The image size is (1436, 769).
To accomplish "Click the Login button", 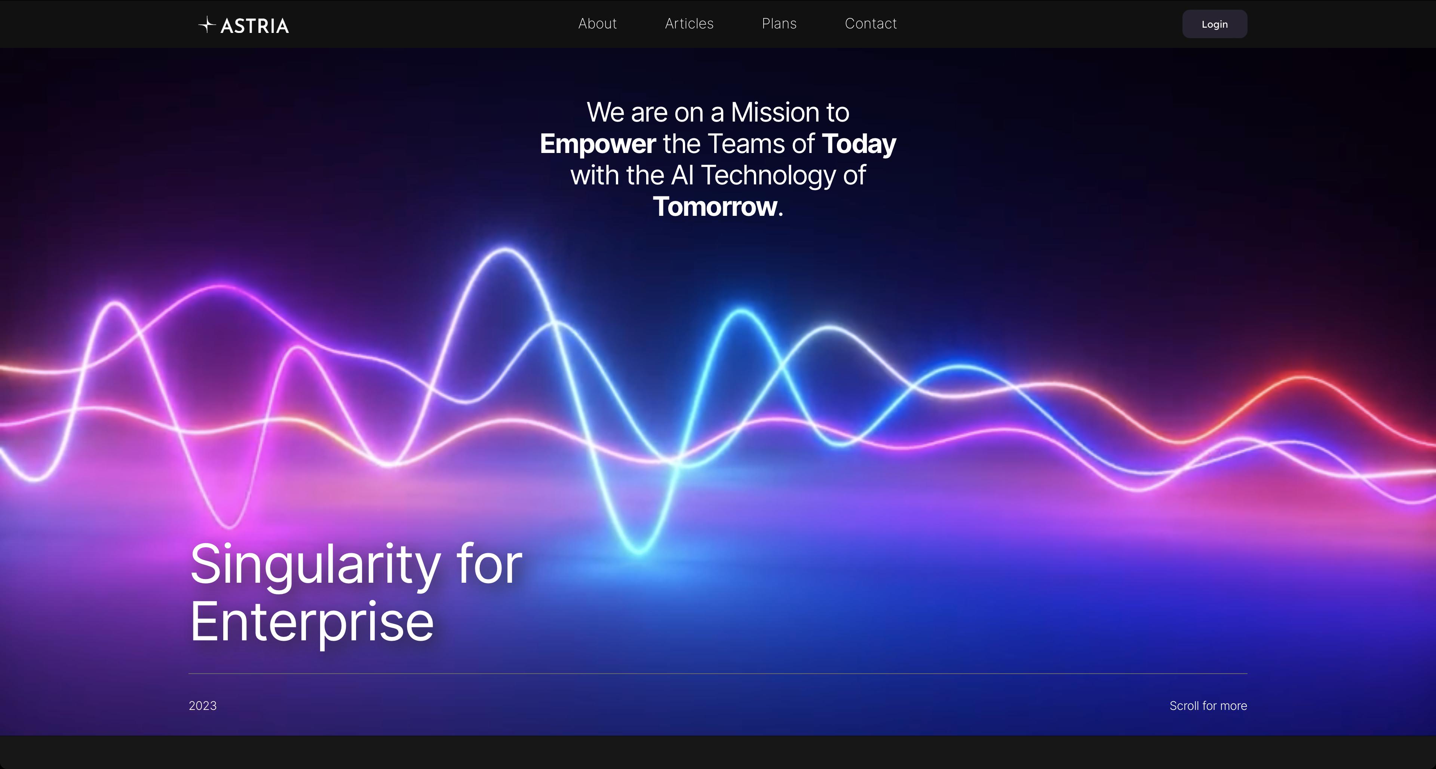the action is click(x=1215, y=24).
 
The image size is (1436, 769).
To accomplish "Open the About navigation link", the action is click(x=597, y=24).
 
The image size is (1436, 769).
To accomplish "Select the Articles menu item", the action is click(x=689, y=24).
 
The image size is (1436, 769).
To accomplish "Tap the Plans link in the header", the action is click(x=779, y=24).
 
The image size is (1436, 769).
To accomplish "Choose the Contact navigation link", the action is click(x=871, y=24).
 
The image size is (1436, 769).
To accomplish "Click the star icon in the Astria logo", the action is click(x=207, y=25).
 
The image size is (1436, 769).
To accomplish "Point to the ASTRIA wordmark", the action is click(x=255, y=26).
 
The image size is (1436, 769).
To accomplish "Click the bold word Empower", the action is click(x=598, y=144).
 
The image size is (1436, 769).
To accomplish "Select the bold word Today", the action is click(x=859, y=144).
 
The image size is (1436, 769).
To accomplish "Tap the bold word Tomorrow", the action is click(x=715, y=207).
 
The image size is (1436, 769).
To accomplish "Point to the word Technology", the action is click(x=768, y=176).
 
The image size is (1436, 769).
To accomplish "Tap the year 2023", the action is click(x=202, y=705).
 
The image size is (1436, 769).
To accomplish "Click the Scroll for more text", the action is click(x=1208, y=705).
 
